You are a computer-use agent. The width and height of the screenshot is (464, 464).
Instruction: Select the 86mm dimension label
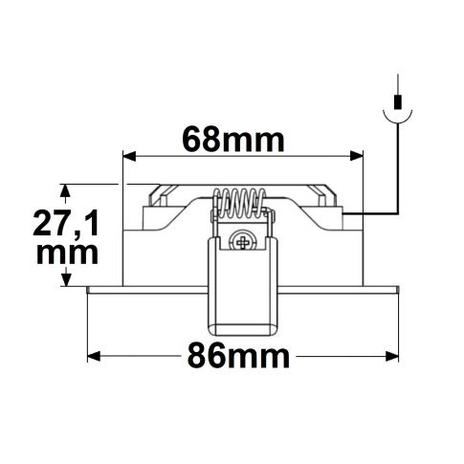(x=233, y=357)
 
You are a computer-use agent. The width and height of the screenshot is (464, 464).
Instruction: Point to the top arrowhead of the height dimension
(x=65, y=189)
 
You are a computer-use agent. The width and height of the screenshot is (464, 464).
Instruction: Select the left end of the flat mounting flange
(x=89, y=289)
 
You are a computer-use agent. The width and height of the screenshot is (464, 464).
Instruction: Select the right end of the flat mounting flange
(x=396, y=289)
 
